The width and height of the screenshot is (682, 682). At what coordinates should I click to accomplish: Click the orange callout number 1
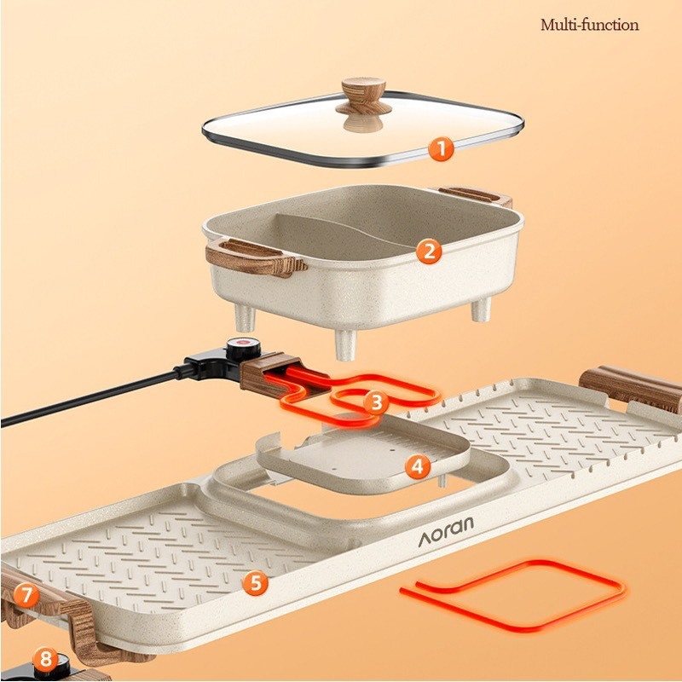point(441,148)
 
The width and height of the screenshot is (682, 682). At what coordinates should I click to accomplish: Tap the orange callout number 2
point(429,251)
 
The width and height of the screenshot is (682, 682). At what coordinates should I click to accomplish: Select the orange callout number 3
point(376,402)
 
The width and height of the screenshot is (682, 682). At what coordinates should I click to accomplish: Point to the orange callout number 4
point(418,466)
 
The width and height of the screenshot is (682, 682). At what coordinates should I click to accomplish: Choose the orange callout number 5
point(255,582)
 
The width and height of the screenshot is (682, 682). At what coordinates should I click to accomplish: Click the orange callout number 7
point(26,594)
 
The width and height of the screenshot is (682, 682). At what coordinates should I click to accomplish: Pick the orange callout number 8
point(45,658)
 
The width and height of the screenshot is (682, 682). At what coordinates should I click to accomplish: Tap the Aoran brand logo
point(446,531)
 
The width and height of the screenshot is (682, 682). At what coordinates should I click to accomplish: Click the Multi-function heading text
point(589,25)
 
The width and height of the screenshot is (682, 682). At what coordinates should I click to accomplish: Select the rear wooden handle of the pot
point(475,195)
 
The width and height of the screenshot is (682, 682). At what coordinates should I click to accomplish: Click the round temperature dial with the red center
point(244,348)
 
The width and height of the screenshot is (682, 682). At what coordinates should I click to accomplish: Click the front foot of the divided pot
point(346,344)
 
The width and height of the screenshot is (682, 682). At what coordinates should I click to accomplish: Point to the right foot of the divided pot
point(482,309)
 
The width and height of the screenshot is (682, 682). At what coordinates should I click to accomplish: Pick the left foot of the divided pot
point(246,317)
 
